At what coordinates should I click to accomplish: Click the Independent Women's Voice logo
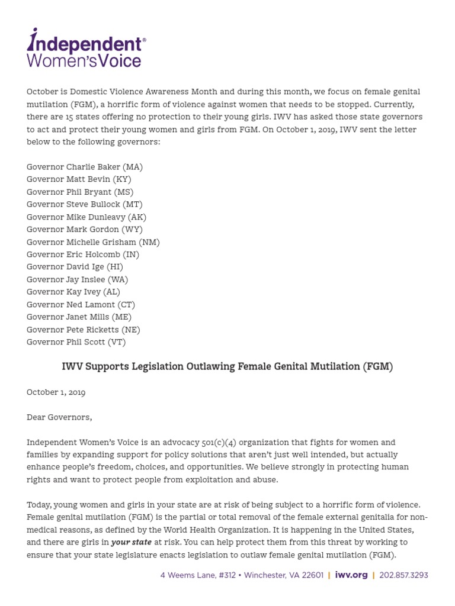tap(86, 49)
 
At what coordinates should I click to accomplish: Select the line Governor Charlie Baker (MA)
tap(85, 167)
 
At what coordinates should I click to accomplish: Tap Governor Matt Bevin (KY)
tap(79, 179)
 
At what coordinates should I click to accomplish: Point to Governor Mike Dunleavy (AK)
tap(86, 217)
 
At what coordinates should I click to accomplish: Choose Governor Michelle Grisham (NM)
tap(93, 242)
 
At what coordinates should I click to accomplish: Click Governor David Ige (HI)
tap(75, 267)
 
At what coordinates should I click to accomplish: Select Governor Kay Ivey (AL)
tap(73, 292)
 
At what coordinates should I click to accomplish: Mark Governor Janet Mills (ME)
tap(79, 317)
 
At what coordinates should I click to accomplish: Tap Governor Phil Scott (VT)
tap(76, 342)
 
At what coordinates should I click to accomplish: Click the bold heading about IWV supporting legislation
tap(227, 367)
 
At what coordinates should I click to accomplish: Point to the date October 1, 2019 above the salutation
tap(56, 392)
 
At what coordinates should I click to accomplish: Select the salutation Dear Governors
tap(59, 417)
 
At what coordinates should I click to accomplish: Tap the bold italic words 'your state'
tap(132, 542)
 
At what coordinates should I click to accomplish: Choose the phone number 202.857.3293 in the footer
tap(403, 575)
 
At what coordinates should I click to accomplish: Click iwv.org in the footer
tap(351, 575)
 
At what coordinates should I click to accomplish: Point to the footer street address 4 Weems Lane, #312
tap(199, 575)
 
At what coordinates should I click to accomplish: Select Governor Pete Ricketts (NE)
tap(84, 330)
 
